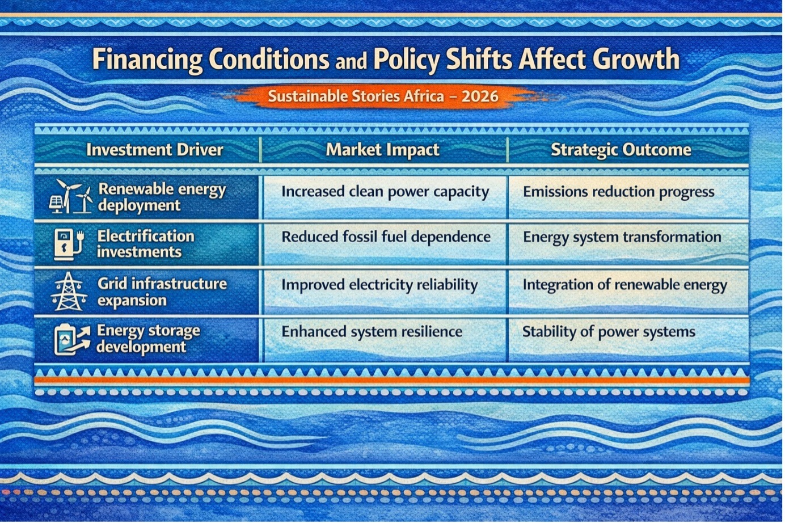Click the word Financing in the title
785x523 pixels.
(x=147, y=60)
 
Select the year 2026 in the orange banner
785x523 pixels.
(x=480, y=96)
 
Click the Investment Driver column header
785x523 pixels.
(x=154, y=150)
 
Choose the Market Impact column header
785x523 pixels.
(x=382, y=150)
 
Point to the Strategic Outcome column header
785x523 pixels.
(x=621, y=150)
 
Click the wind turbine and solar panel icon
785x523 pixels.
(x=70, y=197)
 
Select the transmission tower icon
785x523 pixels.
(x=69, y=292)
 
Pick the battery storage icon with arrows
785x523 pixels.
(x=72, y=339)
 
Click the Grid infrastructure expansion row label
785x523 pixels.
(x=162, y=292)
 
